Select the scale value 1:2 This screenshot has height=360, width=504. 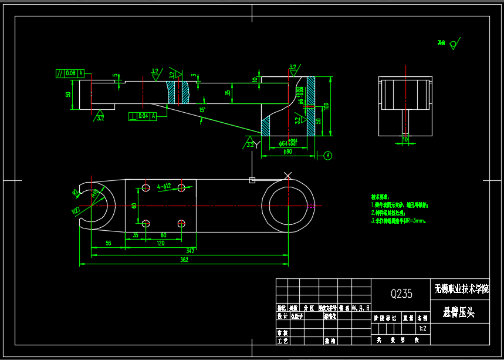click(422, 329)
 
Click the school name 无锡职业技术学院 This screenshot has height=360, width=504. click(461, 288)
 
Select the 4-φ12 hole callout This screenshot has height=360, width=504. click(163, 187)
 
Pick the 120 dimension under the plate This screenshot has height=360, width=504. click(160, 243)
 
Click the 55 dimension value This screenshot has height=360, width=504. click(108, 243)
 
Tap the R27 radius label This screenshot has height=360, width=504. click(76, 210)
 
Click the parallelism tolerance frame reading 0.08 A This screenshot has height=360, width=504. click(70, 73)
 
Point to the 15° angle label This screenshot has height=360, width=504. click(202, 110)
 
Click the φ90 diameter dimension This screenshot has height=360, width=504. click(287, 152)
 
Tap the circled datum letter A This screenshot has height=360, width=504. click(328, 156)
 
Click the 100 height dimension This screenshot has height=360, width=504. click(326, 106)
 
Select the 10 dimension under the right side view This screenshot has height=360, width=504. click(405, 140)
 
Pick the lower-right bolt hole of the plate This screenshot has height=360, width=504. click(181, 223)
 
